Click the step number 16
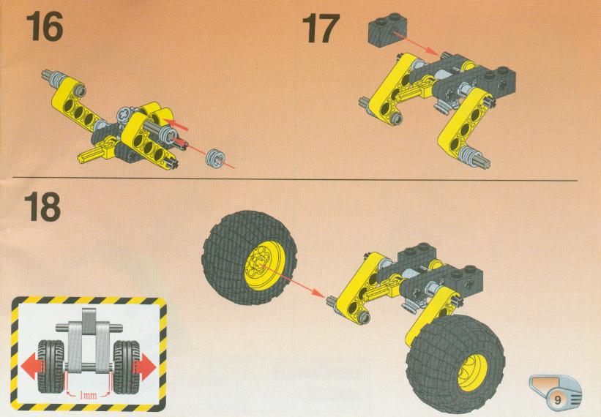[45, 26]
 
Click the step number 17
[321, 29]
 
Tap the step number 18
[42, 207]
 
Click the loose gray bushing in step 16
[214, 159]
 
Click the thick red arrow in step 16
[179, 124]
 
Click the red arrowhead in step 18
[318, 292]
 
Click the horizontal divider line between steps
[294, 179]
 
